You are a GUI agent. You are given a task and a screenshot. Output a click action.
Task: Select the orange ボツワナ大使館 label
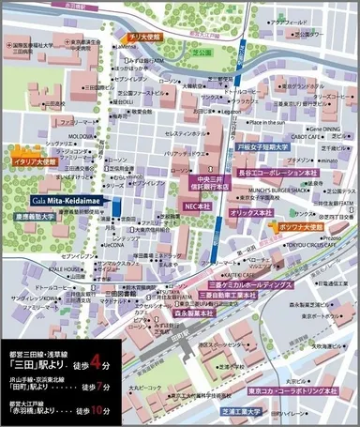pos(299,227)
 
